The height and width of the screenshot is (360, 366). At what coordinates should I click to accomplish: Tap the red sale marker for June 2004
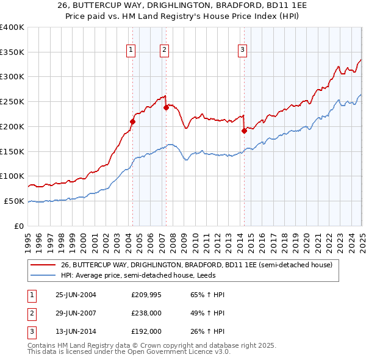[x=133, y=121]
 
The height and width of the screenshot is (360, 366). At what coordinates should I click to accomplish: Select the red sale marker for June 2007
[x=166, y=107]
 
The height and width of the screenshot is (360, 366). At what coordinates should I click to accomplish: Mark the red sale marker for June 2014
[x=244, y=130]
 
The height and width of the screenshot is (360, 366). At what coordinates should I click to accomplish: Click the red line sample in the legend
[x=43, y=265]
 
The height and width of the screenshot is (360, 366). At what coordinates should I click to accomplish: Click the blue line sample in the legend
[x=43, y=275]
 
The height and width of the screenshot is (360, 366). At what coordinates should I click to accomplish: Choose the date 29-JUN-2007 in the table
[x=76, y=313]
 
